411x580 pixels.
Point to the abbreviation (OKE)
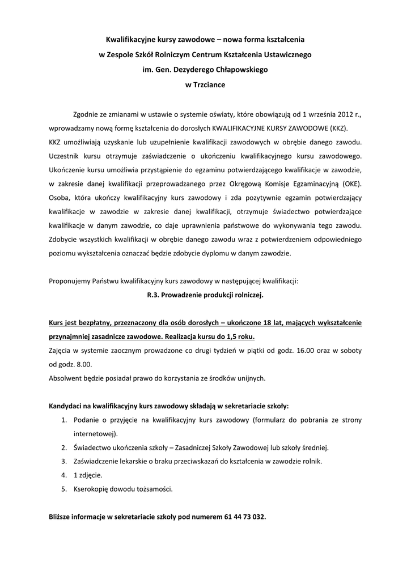350,184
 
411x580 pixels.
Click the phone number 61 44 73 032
244,517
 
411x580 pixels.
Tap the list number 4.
64,475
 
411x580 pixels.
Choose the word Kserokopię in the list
91,488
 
